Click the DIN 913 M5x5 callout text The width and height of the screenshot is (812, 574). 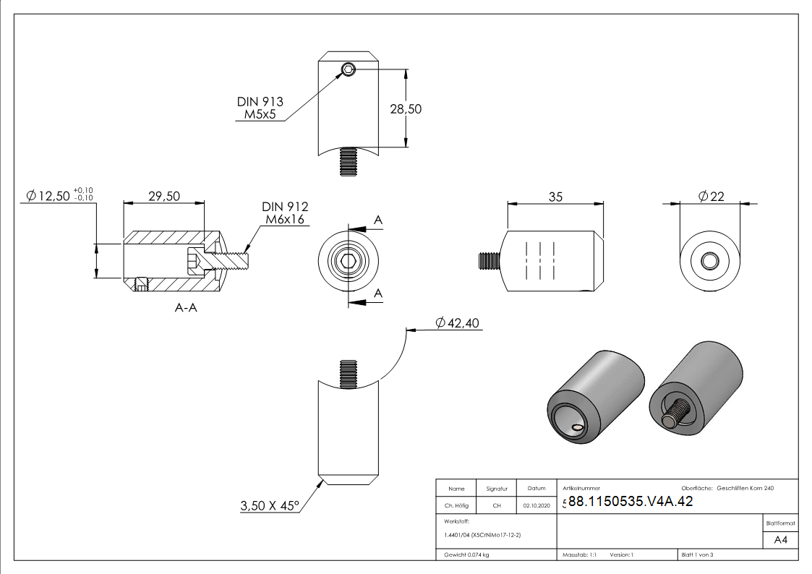coord(260,108)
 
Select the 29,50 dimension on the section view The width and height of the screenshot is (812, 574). coord(164,197)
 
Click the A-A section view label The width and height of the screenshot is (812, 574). coord(187,308)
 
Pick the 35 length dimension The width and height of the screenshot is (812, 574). coord(555,197)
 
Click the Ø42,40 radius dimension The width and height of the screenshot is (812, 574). coord(458,323)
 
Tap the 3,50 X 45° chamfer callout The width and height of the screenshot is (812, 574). coord(269,506)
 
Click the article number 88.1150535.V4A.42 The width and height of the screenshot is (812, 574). coord(631,502)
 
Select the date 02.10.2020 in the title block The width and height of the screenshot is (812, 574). coord(536,506)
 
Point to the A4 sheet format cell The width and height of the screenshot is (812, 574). coord(780,540)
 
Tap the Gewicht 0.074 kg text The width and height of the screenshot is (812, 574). coord(467,554)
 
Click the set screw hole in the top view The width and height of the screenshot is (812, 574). coord(349,69)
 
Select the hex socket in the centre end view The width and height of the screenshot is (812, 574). coord(349,261)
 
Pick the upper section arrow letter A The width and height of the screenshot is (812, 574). coord(377,220)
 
